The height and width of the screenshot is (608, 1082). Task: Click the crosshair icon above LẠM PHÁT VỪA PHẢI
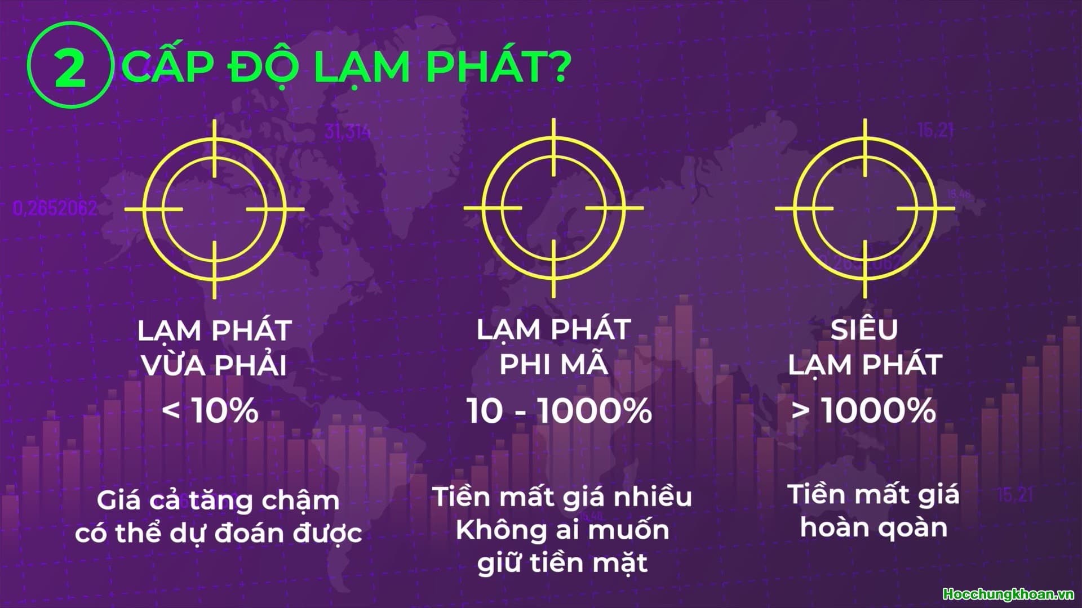[215, 209]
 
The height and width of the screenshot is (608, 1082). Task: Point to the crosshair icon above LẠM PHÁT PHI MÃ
[554, 209]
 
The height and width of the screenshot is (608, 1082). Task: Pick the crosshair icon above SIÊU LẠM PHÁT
[865, 209]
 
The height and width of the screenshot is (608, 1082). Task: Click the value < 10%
[211, 410]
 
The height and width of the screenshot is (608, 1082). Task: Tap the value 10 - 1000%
[560, 410]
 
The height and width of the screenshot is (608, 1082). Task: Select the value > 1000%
[864, 410]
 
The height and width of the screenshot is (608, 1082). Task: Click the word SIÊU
[864, 329]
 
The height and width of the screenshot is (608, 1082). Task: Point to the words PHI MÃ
[554, 365]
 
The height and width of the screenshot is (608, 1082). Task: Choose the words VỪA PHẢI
[214, 365]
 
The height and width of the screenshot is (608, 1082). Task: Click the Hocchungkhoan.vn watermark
[1008, 594]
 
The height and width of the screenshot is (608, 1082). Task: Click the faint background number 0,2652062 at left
[55, 209]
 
